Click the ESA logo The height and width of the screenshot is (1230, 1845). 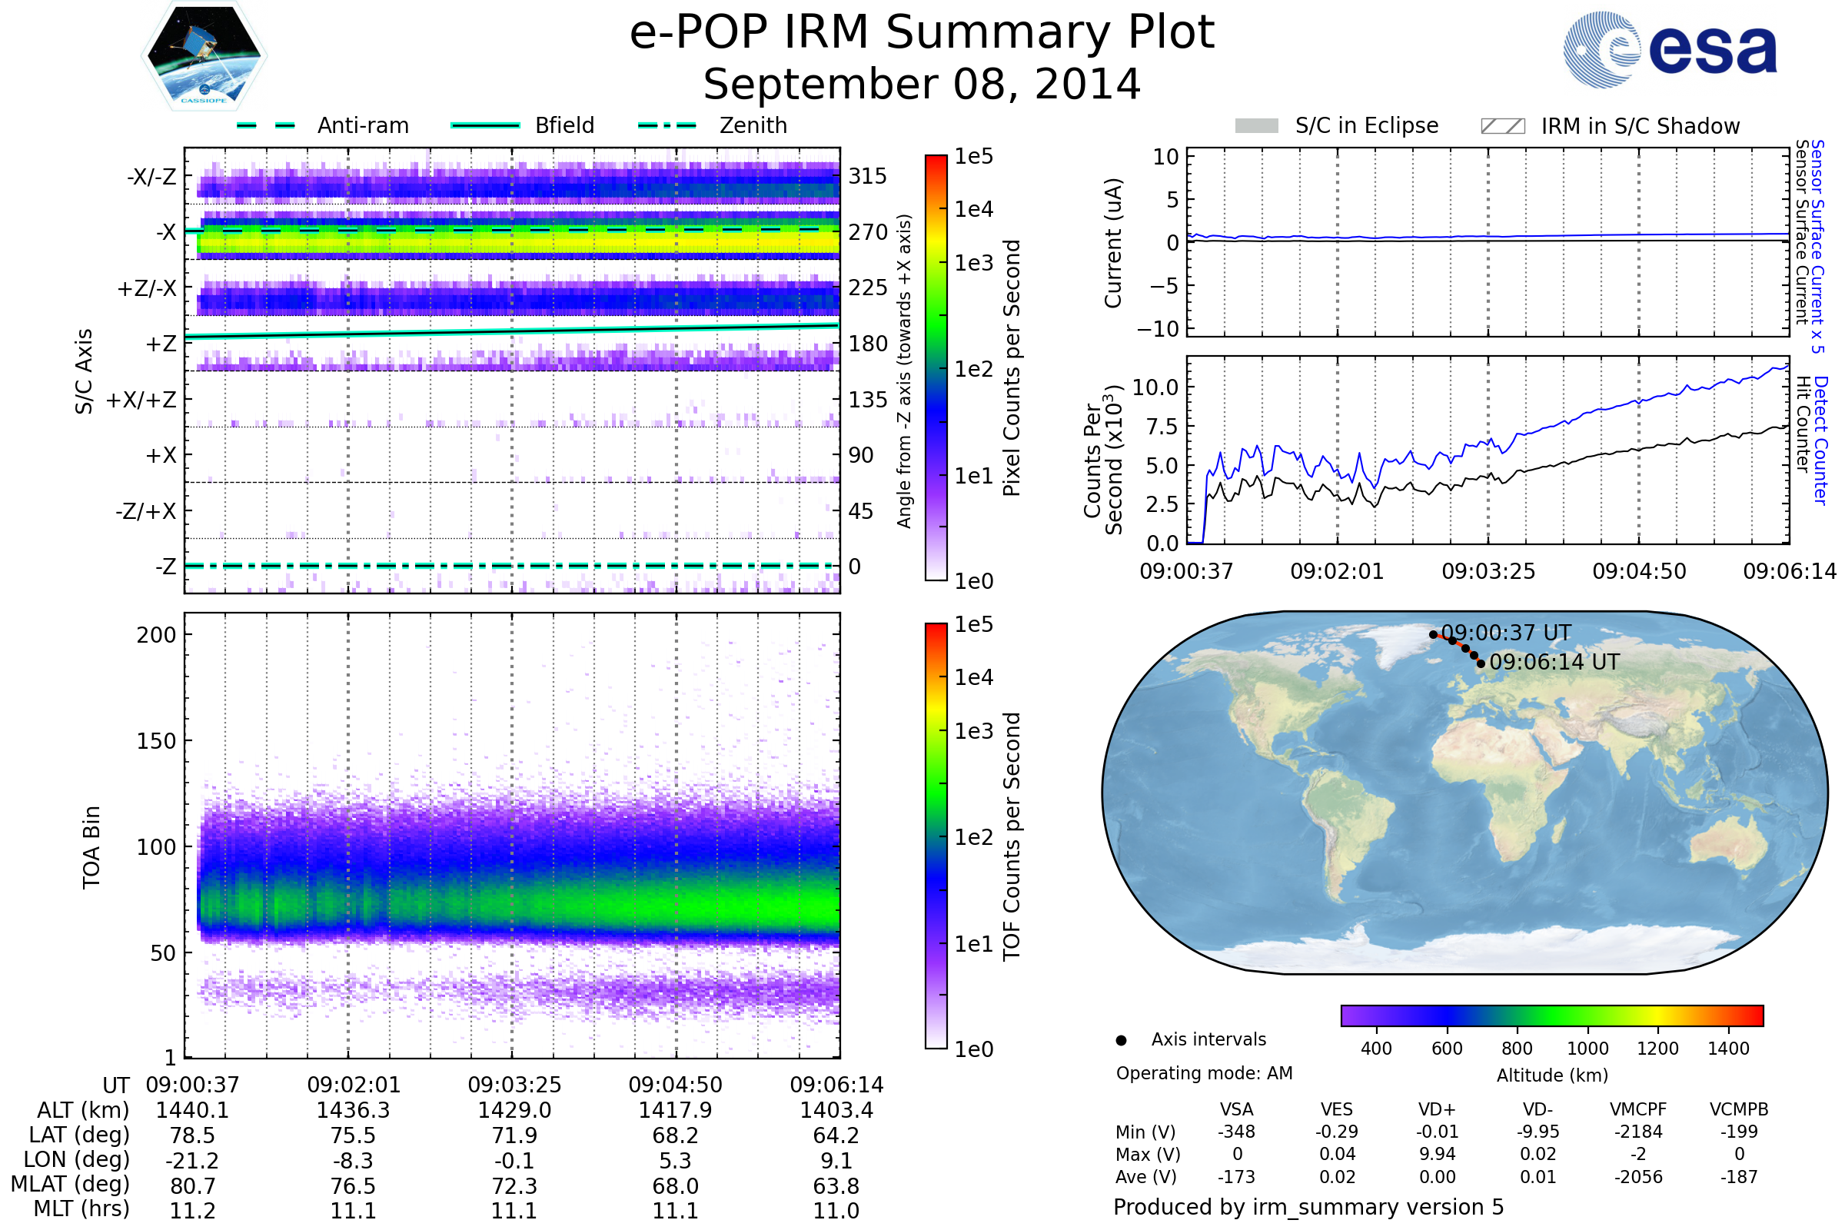click(x=1670, y=49)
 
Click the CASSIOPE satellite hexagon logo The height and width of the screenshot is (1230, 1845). click(x=204, y=55)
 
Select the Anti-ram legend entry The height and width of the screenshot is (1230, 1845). click(x=322, y=125)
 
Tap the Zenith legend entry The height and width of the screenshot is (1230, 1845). click(x=713, y=125)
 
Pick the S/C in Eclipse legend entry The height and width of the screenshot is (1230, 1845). click(x=1337, y=126)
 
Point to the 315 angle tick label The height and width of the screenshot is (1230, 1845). click(x=868, y=176)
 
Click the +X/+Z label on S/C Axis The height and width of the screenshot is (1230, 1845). click(x=141, y=400)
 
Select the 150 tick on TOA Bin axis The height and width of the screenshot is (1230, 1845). click(x=156, y=741)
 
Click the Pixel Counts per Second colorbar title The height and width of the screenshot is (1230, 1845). click(x=1012, y=368)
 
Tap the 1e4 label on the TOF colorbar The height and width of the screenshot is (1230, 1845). click(x=973, y=677)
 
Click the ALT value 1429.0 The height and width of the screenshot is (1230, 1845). click(x=514, y=1110)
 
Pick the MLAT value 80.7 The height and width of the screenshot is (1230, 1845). click(x=192, y=1186)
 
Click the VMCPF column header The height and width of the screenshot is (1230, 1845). click(x=1638, y=1110)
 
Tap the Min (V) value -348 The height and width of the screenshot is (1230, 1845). click(x=1236, y=1132)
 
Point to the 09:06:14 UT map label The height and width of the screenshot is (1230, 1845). click(x=1554, y=662)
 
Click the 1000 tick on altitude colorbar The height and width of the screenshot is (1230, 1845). click(x=1587, y=1049)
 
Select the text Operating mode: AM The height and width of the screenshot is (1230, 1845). click(x=1204, y=1073)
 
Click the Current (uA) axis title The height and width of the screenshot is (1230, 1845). click(x=1113, y=243)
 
